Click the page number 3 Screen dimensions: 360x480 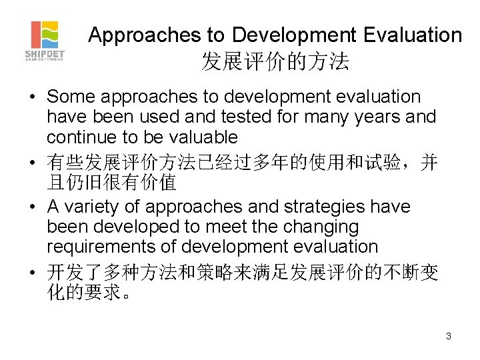(x=449, y=336)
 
